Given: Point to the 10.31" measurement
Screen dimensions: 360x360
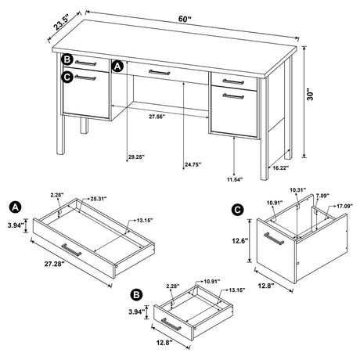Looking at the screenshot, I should coord(295,190).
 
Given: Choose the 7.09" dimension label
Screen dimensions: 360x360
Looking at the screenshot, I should coord(322,196).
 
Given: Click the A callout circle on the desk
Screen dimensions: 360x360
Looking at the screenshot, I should coord(118,67).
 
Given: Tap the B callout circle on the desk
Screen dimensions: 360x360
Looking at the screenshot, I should coord(68,59).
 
